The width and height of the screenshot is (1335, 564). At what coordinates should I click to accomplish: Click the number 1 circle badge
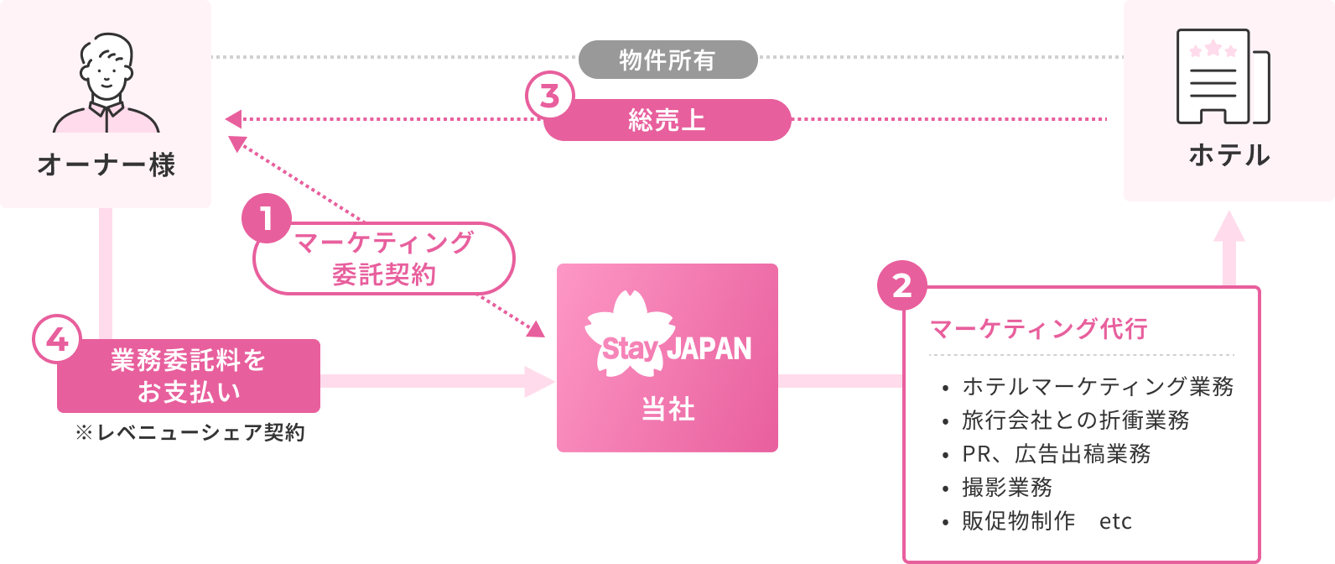pos(266,219)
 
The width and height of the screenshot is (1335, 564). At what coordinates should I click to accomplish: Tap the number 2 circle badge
pos(901,286)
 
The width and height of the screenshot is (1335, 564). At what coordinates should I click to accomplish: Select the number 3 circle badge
pos(549,97)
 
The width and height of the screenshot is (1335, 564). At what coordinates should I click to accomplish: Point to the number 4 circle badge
pos(57,341)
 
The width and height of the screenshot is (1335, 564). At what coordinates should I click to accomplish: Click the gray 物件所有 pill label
pos(667,60)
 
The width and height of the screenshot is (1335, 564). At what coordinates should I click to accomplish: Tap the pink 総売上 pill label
pos(667,120)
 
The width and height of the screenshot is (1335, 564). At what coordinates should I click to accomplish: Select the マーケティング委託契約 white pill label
pos(384,258)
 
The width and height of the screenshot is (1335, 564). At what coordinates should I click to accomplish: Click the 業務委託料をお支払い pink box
pos(189,376)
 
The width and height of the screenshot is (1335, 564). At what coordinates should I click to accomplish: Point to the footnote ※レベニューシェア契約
pos(190,433)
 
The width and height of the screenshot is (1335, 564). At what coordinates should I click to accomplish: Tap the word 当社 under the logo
pos(667,410)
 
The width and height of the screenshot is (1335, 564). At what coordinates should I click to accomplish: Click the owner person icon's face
pos(106,71)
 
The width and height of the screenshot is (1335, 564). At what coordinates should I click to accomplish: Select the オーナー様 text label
pos(106,164)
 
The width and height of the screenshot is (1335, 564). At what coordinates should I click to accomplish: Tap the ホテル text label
pos(1229,155)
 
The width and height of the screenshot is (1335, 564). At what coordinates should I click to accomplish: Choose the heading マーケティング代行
pos(1039,328)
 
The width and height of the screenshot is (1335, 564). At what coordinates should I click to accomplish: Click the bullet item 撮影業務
pos(1007,487)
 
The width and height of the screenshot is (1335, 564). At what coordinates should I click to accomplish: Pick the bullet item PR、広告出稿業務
pos(1057,453)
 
